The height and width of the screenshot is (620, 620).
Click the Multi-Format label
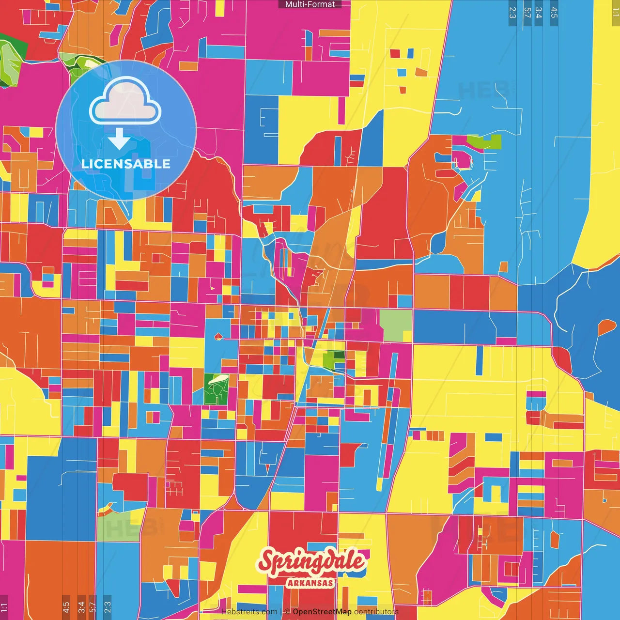click(310, 4)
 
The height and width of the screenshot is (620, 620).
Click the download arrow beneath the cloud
click(119, 139)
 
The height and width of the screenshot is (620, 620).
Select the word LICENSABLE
click(126, 164)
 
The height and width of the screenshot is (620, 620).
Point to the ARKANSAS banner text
click(310, 583)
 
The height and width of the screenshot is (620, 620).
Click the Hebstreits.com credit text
click(249, 612)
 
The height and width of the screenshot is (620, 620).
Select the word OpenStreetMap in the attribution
click(322, 612)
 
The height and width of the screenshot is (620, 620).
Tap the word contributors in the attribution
click(376, 612)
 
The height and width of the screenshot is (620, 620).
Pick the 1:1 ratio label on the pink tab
click(4, 607)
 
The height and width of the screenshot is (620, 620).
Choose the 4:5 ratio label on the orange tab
click(66, 607)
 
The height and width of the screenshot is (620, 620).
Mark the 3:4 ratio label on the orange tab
click(81, 607)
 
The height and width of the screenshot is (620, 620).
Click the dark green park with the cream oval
click(216, 389)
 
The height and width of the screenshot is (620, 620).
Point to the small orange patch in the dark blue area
click(606, 328)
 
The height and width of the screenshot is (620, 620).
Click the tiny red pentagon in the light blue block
click(218, 336)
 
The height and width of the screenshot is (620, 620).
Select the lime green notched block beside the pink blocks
click(484, 142)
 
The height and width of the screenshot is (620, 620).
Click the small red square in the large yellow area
click(395, 53)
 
